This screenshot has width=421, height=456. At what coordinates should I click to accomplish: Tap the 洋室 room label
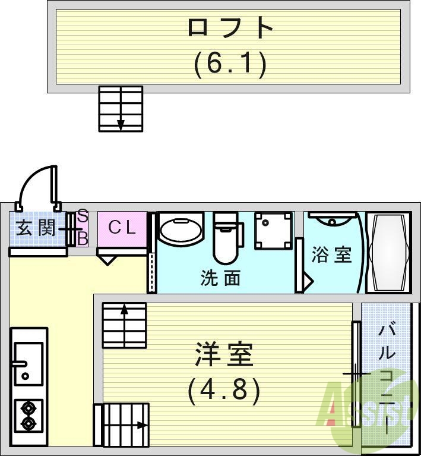pyautogui.click(x=224, y=355)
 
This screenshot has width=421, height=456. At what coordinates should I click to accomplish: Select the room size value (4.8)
pyautogui.click(x=224, y=391)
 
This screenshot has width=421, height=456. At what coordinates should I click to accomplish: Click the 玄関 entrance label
pyautogui.click(x=36, y=228)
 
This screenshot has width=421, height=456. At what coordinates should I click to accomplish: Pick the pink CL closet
pyautogui.click(x=122, y=228)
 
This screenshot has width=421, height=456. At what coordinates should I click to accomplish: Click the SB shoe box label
pyautogui.click(x=83, y=228)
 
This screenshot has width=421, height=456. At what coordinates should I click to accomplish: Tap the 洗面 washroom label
pyautogui.click(x=220, y=278)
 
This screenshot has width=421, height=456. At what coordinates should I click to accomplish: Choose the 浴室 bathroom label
pyautogui.click(x=331, y=254)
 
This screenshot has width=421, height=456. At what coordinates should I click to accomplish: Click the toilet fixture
pyautogui.click(x=227, y=236)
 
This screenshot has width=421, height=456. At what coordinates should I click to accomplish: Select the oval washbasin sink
pyautogui.click(x=180, y=232)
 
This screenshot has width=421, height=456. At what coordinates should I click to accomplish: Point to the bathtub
pyautogui.click(x=388, y=253)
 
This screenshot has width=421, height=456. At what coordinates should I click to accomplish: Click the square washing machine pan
pyautogui.click(x=274, y=231)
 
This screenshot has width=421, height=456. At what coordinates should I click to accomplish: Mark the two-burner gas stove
pyautogui.click(x=28, y=416)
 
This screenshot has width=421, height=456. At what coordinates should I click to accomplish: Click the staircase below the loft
pyautogui.click(x=121, y=108)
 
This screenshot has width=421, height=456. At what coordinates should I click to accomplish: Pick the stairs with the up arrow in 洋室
pyautogui.click(x=124, y=325)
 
